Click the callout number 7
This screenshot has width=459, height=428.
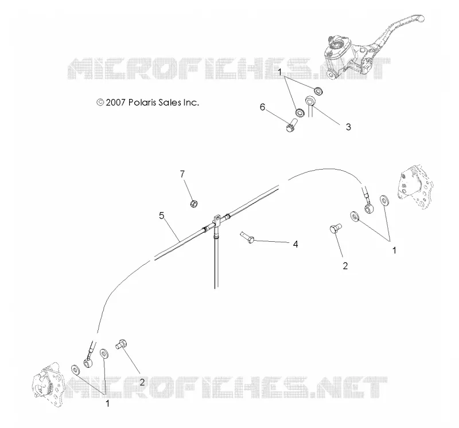pos(182,174)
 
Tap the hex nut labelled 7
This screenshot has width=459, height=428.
pos(194,203)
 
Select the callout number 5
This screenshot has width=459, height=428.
pos(162,216)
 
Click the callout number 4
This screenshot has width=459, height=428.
pos(295,244)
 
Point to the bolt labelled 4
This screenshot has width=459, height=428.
pos(247,237)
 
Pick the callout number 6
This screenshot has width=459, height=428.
pos(263,107)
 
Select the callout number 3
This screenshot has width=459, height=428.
pos(348,127)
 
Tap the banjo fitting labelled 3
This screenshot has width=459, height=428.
pos(310,103)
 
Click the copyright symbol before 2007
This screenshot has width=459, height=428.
pos(100,103)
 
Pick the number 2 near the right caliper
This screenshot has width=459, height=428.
pos(345,266)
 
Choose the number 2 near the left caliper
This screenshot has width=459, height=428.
pos(142,382)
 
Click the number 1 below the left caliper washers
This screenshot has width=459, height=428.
pos(107,403)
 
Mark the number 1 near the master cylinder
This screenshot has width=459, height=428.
pos(279,72)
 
